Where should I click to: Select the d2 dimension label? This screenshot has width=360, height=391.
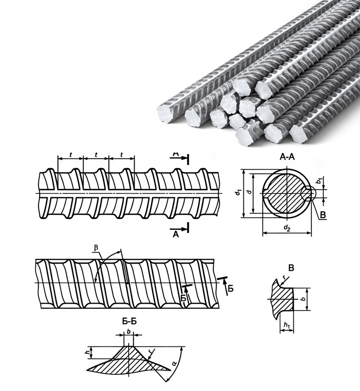point(287,228)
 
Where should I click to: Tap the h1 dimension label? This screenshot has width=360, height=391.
point(286,326)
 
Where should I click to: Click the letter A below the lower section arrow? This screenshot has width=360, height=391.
point(176,235)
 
